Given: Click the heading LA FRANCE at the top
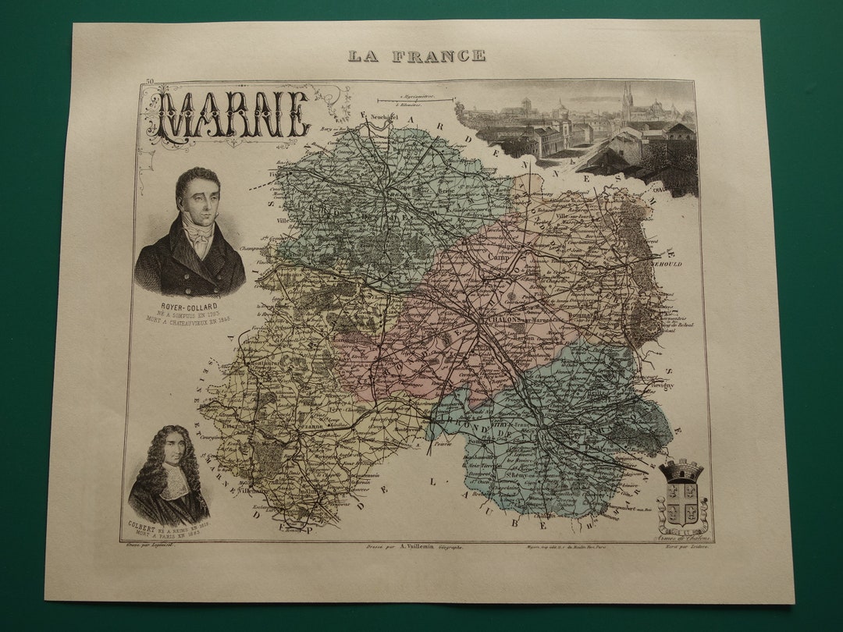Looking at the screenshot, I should [x=416, y=55].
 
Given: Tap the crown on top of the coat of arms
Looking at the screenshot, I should [x=681, y=470].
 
